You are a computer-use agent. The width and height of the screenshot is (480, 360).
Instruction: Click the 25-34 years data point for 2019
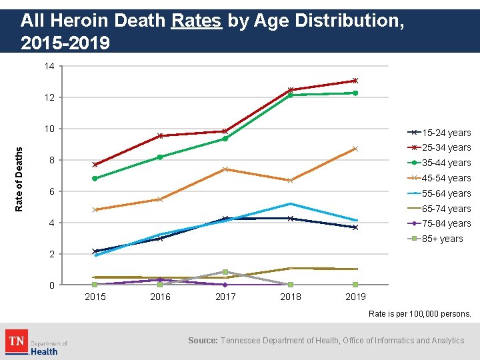(355, 81)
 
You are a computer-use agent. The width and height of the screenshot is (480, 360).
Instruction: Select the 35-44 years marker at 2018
(290, 95)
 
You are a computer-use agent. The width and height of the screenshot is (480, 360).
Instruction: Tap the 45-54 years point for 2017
(225, 169)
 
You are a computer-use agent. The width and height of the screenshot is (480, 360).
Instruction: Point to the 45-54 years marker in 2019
(355, 149)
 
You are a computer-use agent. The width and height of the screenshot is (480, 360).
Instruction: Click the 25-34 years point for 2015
(95, 164)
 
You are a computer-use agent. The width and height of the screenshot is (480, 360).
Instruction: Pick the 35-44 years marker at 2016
(160, 157)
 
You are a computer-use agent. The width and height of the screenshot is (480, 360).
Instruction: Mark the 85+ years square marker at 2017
(225, 272)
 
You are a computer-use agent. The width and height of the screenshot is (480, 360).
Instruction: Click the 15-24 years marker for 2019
(355, 227)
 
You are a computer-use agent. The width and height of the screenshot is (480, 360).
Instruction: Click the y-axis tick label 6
(52, 192)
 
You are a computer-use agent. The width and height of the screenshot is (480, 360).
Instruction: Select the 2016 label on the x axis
(160, 297)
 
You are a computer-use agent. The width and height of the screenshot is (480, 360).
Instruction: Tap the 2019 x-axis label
(355, 297)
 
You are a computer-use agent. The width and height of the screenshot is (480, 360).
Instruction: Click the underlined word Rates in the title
(196, 21)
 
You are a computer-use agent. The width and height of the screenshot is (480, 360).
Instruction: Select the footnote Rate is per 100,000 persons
(420, 313)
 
